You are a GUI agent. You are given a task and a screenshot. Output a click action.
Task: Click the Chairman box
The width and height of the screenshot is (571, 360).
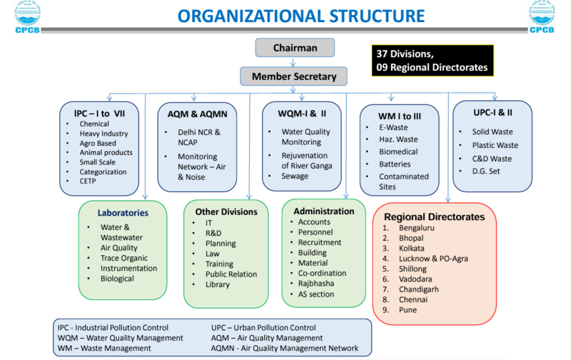[295, 48]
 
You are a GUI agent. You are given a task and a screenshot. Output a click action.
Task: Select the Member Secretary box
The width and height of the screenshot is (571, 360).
[293, 76]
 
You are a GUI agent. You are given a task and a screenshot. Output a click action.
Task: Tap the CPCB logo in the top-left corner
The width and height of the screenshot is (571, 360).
[27, 16]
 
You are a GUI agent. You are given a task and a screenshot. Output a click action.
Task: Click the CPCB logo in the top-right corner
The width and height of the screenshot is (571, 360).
[542, 16]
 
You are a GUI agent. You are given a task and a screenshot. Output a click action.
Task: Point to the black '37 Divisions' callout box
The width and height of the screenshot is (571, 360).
[433, 61]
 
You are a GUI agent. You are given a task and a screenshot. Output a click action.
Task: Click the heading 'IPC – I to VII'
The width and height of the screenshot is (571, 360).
[99, 114]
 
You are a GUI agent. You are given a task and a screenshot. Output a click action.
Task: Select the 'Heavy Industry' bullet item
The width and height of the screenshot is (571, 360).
[103, 134]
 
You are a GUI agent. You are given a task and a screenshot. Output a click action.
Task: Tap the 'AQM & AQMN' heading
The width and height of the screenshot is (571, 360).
[198, 114]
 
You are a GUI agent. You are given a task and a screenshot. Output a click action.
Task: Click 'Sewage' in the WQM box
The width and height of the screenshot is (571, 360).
[295, 176]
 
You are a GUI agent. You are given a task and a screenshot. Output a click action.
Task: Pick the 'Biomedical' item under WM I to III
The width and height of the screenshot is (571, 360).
[398, 151]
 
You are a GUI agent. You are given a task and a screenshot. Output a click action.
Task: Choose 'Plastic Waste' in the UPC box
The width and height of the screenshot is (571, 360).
[495, 145]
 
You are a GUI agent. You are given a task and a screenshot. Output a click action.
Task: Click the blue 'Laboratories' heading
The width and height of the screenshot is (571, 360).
[123, 213]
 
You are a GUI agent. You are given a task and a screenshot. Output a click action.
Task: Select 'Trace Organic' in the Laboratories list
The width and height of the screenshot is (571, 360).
[124, 258]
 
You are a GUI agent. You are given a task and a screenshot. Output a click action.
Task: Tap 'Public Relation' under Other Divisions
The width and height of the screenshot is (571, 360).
[231, 274]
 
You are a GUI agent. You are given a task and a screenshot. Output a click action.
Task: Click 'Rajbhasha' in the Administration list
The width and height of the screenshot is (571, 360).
[316, 284]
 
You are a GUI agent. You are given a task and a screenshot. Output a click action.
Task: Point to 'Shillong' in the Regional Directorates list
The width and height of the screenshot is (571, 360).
[413, 269]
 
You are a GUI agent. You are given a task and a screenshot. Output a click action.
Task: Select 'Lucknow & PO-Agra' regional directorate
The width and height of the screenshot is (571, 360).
[433, 259]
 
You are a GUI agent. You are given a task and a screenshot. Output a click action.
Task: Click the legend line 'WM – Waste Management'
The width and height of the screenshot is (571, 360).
[104, 348]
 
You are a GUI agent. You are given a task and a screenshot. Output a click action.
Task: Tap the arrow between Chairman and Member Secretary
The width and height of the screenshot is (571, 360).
[293, 62]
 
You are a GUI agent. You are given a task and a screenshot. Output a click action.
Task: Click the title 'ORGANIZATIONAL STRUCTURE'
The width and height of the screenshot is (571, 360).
[301, 16]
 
